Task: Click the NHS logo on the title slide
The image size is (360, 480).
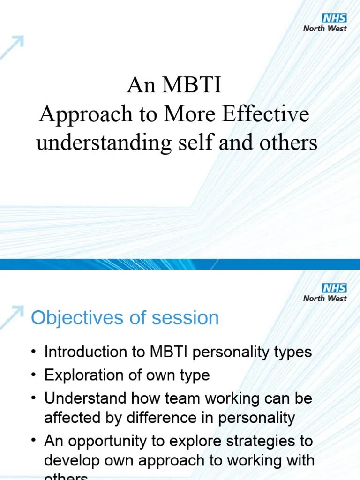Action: click(x=334, y=18)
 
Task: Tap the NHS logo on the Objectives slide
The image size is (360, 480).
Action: click(x=334, y=288)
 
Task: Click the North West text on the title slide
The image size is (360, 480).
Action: click(x=325, y=28)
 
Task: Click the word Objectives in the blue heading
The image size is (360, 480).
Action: click(x=77, y=318)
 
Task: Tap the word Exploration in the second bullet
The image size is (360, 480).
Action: click(x=87, y=375)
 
